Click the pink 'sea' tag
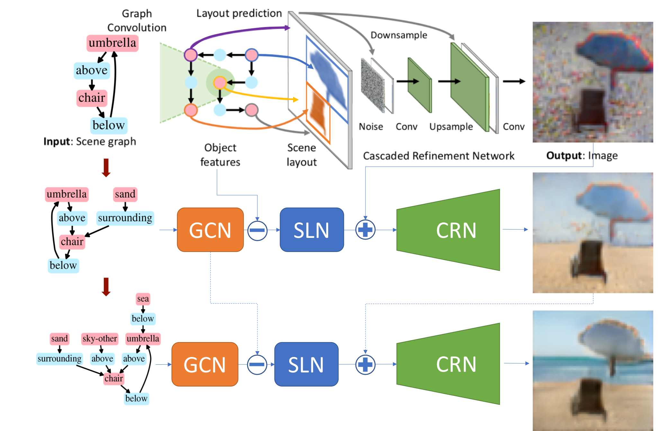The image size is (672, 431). (x=143, y=299)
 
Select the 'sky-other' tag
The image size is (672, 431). (x=100, y=339)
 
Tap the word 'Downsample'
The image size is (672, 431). (x=399, y=35)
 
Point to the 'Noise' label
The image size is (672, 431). (x=371, y=126)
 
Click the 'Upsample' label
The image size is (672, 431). (x=451, y=126)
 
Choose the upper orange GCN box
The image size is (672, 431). (x=210, y=230)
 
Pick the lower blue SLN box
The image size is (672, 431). (x=306, y=364)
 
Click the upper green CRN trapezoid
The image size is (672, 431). (x=450, y=230)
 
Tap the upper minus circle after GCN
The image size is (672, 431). (x=257, y=230)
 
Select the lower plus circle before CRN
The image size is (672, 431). (x=365, y=364)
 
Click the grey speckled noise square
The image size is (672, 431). (x=373, y=85)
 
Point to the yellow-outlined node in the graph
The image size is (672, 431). (x=220, y=83)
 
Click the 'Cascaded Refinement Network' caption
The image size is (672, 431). (x=439, y=156)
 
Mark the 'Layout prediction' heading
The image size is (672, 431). (x=239, y=13)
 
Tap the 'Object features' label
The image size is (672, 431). (x=220, y=155)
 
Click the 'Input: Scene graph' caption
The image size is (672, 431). (x=90, y=142)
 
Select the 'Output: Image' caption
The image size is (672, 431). (x=582, y=156)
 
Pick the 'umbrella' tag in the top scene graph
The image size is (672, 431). (x=112, y=43)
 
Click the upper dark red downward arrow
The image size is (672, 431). (x=106, y=167)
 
